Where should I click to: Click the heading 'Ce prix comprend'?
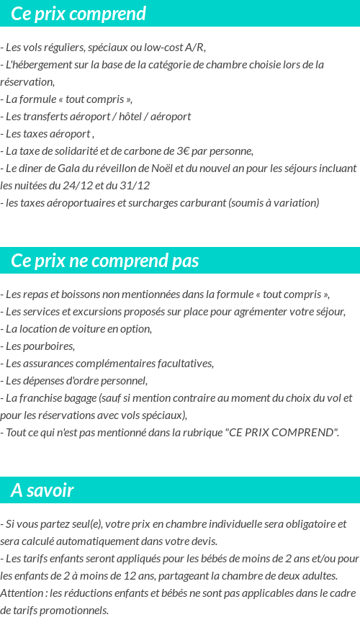point(78,14)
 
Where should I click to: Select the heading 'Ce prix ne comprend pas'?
point(105,261)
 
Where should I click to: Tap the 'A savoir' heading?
point(42,490)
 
